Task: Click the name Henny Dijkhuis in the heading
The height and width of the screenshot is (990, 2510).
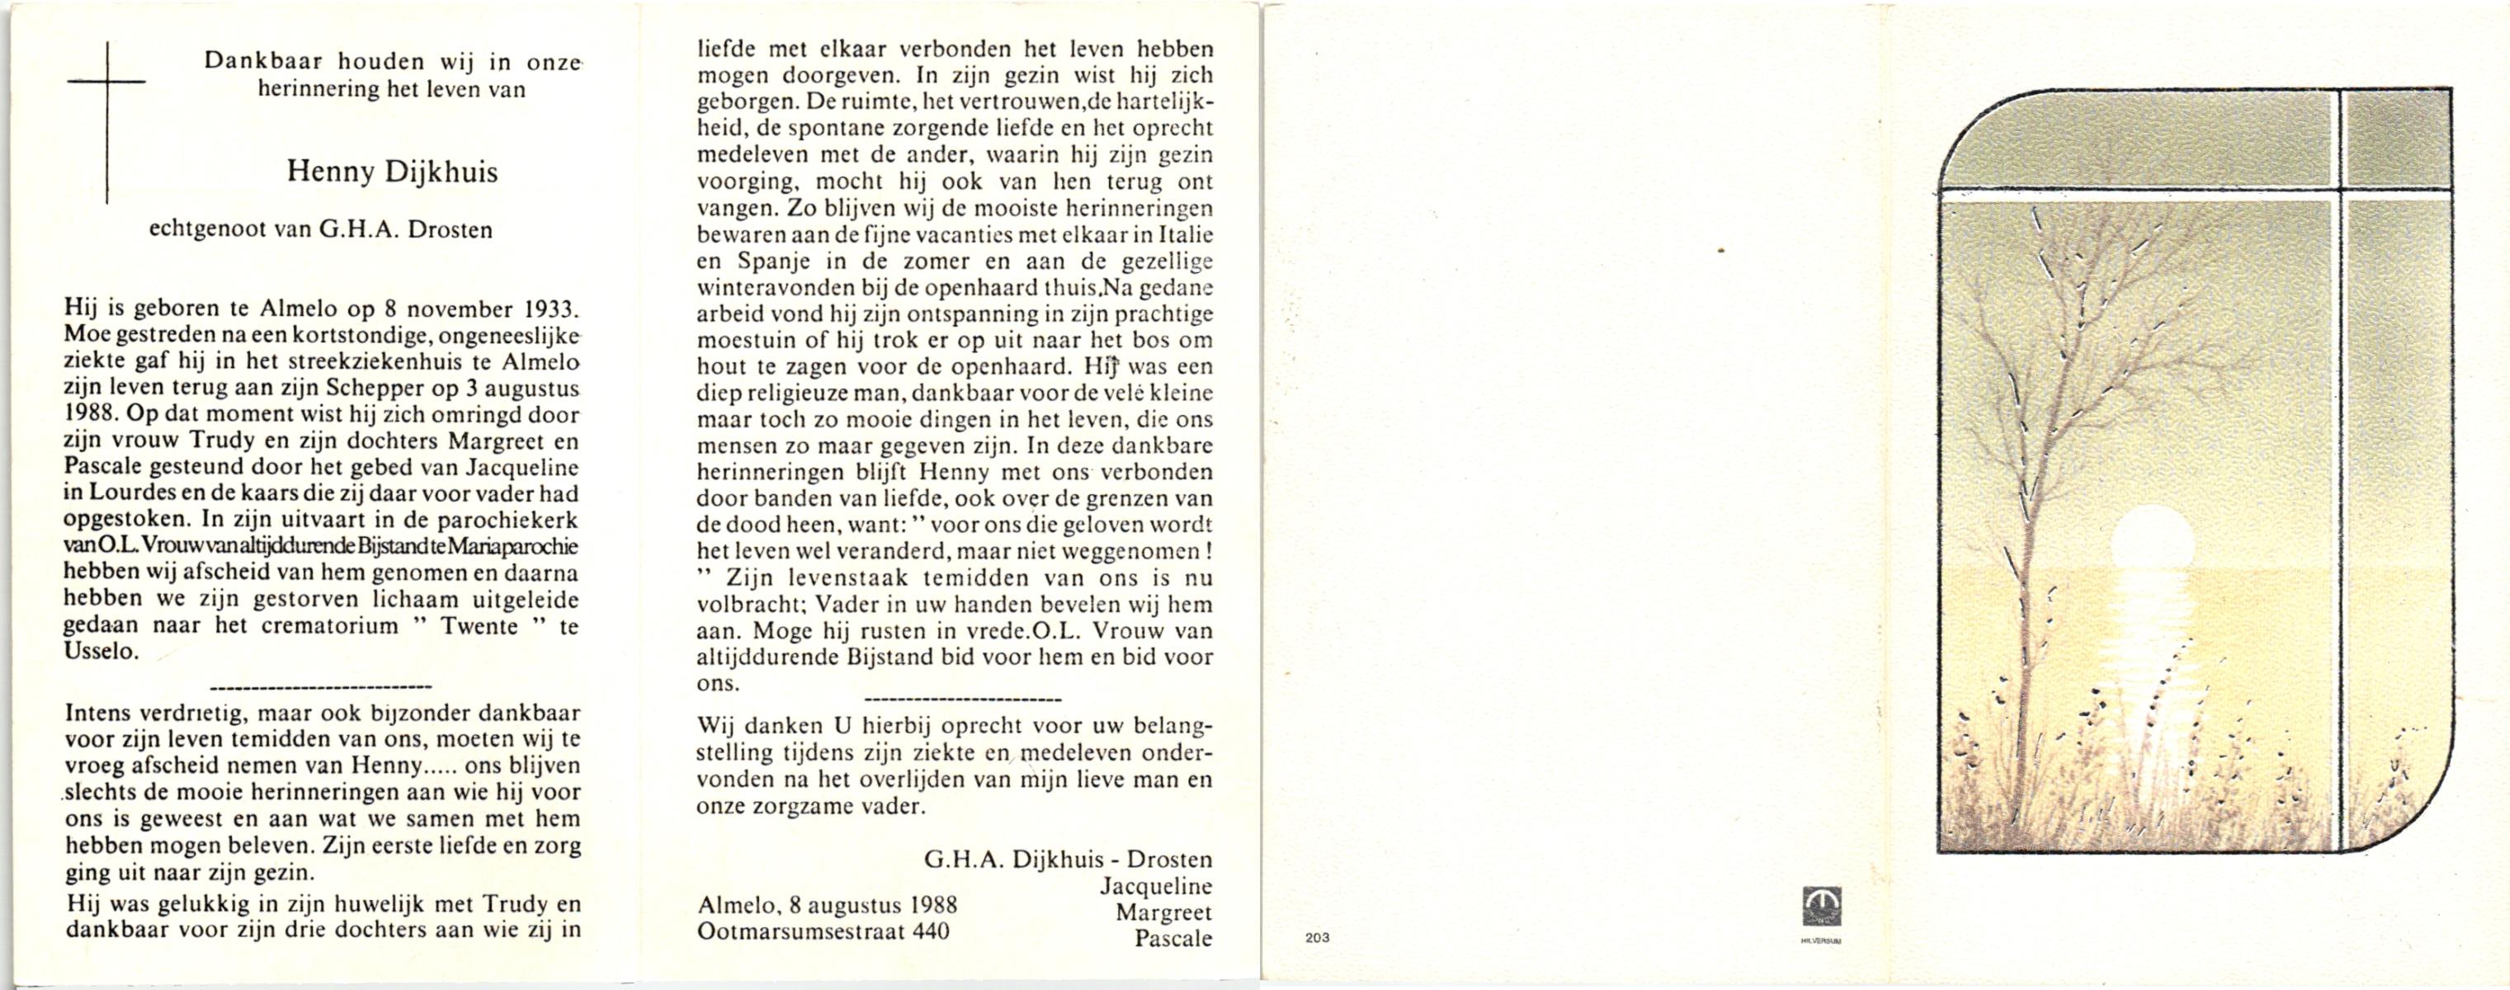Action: pyautogui.click(x=392, y=173)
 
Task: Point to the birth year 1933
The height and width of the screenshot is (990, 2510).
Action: pyautogui.click(x=550, y=311)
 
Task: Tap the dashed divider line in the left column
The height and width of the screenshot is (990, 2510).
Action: pyautogui.click(x=321, y=688)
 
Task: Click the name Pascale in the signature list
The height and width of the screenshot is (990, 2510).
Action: pyautogui.click(x=1173, y=938)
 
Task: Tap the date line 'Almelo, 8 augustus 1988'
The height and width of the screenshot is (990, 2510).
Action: pyautogui.click(x=828, y=905)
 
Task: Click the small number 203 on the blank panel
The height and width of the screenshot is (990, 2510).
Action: pyautogui.click(x=1316, y=938)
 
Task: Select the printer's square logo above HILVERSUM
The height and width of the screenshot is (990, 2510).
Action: pyautogui.click(x=1820, y=905)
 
